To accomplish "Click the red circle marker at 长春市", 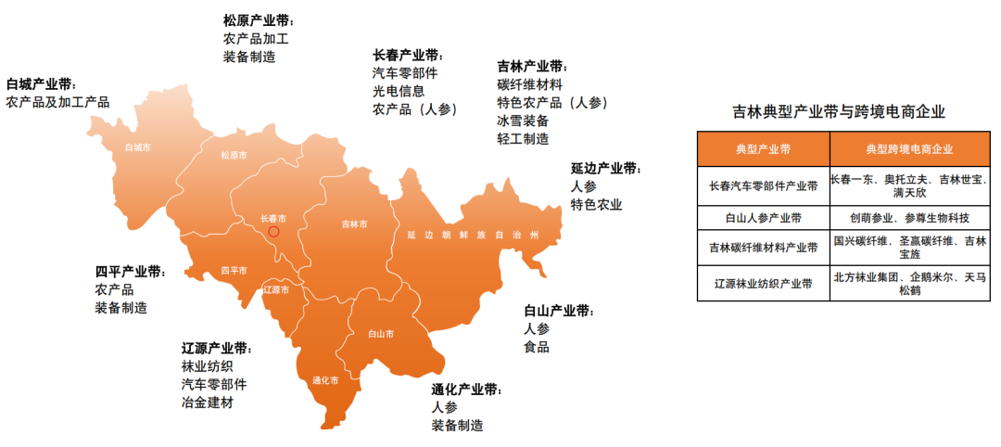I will click(x=273, y=231).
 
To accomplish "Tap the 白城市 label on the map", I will click(x=137, y=147).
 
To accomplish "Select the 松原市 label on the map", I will click(x=234, y=156).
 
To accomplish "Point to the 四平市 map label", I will click(x=234, y=271).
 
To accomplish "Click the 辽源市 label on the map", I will click(x=276, y=290).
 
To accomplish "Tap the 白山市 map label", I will click(x=381, y=333).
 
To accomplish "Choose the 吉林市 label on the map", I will click(x=354, y=224).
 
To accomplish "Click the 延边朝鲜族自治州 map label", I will click(x=473, y=236).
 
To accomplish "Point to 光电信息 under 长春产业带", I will click(x=399, y=91).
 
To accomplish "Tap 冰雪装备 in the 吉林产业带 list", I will click(x=523, y=121).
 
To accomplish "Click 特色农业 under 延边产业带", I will click(x=596, y=204).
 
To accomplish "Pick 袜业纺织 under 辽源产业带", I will click(x=208, y=366).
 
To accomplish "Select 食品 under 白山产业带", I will click(x=537, y=347).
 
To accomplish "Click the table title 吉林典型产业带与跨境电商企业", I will click(x=838, y=112).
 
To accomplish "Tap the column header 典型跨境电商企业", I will click(x=909, y=148).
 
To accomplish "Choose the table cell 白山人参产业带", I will click(x=763, y=218).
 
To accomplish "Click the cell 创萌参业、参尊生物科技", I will click(x=909, y=218).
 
